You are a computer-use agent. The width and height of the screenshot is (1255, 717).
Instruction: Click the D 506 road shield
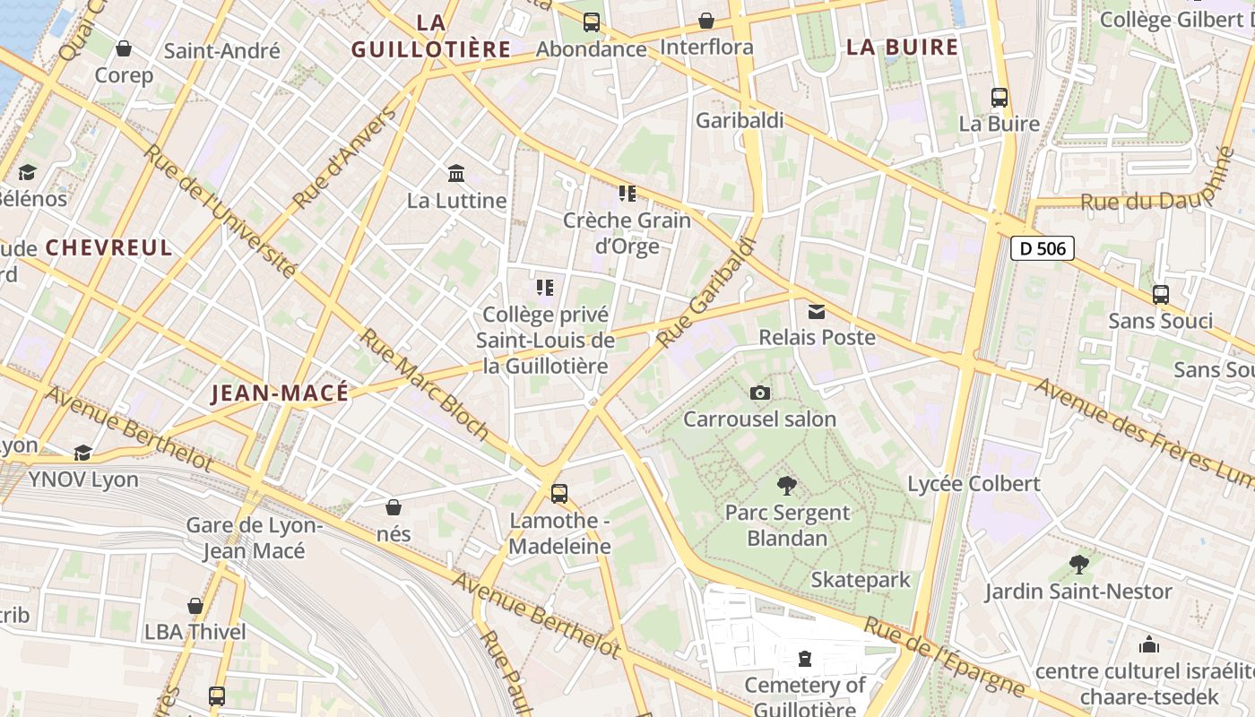[x=1042, y=248]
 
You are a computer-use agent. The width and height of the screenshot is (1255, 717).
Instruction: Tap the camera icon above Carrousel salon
[x=759, y=393]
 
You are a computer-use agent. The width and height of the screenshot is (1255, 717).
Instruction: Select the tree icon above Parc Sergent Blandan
[x=787, y=486]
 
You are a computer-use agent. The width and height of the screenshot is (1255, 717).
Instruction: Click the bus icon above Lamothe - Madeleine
[x=559, y=493]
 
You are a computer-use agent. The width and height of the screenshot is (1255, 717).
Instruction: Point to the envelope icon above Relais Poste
[x=817, y=311]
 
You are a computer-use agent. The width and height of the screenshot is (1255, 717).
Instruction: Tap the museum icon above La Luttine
[x=456, y=173]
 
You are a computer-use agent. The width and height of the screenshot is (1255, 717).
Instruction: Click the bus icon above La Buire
[x=999, y=97]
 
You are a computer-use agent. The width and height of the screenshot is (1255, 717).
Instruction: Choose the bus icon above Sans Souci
[x=1160, y=294]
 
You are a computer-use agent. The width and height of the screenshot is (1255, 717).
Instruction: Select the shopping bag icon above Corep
[x=124, y=48]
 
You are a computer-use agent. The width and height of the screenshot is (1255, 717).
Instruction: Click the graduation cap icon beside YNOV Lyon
[x=82, y=453]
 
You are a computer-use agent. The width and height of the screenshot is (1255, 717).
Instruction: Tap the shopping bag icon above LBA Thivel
[x=195, y=606]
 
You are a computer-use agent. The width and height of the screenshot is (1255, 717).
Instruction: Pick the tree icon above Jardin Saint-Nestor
[x=1078, y=565]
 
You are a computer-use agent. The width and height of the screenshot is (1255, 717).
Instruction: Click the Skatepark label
[x=860, y=580]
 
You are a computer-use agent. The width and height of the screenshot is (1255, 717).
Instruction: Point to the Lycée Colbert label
[x=974, y=484]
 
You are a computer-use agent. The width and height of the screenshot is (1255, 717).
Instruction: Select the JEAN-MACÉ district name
[x=279, y=393]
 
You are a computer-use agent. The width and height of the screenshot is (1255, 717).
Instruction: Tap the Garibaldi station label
[x=740, y=120]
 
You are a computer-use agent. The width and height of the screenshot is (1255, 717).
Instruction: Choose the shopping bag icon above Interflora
[x=706, y=21]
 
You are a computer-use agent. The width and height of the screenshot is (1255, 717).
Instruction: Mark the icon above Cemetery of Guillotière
[x=805, y=659]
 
